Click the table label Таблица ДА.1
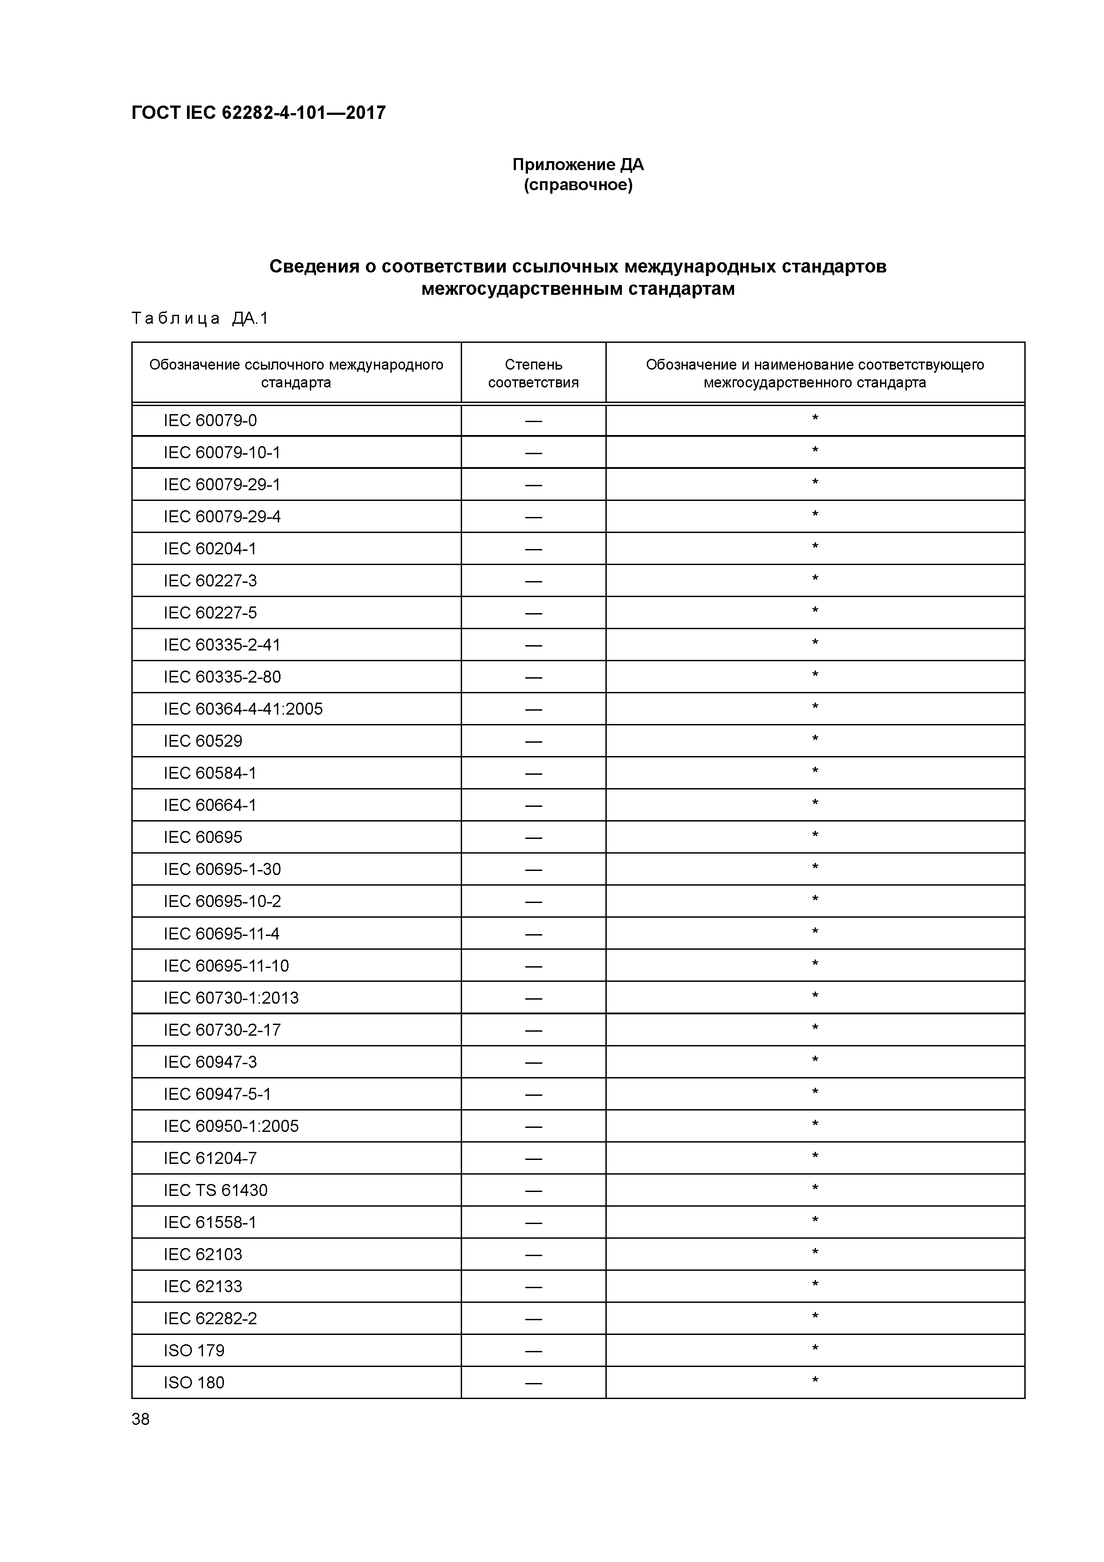click(x=200, y=318)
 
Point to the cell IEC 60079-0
click(x=210, y=420)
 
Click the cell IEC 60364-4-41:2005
click(x=243, y=709)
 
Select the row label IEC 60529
click(x=203, y=741)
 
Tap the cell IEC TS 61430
click(x=215, y=1190)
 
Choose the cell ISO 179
click(x=194, y=1350)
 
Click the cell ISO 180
click(x=194, y=1383)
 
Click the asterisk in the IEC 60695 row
click(x=815, y=835)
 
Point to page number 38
click(x=141, y=1419)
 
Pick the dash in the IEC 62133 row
click(x=533, y=1286)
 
